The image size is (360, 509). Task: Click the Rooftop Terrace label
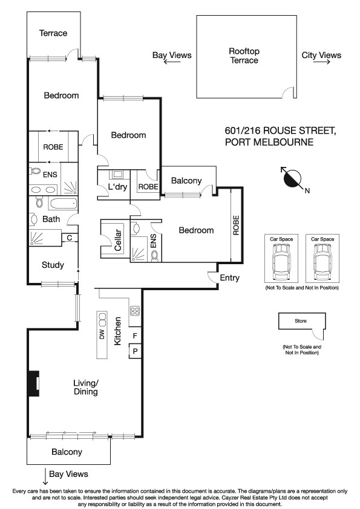pos(244,56)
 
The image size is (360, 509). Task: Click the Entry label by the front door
pos(230,279)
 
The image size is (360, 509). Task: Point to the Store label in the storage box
pos(301,320)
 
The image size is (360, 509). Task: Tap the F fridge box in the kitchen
pos(135,335)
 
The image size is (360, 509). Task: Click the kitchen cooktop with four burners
pos(134,312)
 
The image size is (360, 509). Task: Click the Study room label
pos(53,265)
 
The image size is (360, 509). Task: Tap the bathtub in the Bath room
pos(62,203)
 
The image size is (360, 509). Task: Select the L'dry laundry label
pos(117,187)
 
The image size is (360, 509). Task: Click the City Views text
pos(321,56)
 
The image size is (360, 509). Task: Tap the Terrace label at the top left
pos(53,33)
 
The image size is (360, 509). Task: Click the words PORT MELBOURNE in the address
pos(268,143)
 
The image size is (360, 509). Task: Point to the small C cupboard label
pos(70,238)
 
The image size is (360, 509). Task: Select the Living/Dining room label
pos(85,387)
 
